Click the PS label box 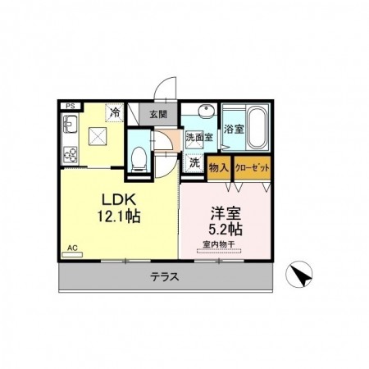(71, 106)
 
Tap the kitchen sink (71, 124)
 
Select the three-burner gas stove (71, 154)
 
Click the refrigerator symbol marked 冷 (115, 112)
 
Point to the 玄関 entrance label (158, 114)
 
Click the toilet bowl (139, 159)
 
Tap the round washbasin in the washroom (206, 112)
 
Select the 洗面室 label (199, 137)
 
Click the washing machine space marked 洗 (194, 163)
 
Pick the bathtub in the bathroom (257, 128)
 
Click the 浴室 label (234, 129)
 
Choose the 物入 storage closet (219, 168)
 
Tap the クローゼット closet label (253, 167)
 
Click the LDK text (119, 200)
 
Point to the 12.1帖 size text (119, 216)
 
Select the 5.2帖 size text (225, 229)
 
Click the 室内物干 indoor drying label (219, 244)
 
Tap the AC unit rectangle (72, 255)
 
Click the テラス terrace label (165, 277)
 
